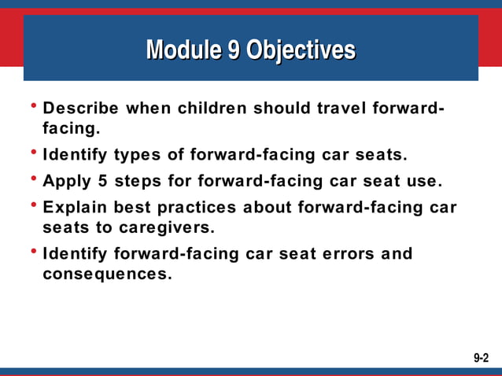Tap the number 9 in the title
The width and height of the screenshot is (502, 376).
click(234, 50)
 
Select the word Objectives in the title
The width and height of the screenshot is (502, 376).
click(301, 50)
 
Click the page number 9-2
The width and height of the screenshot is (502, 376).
click(481, 358)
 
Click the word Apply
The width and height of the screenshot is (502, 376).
click(67, 182)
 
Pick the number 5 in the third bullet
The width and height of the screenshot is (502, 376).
click(103, 182)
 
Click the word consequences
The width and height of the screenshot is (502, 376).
click(106, 275)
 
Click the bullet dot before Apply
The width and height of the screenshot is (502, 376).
click(34, 180)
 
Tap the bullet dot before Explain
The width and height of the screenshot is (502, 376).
click(34, 207)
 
